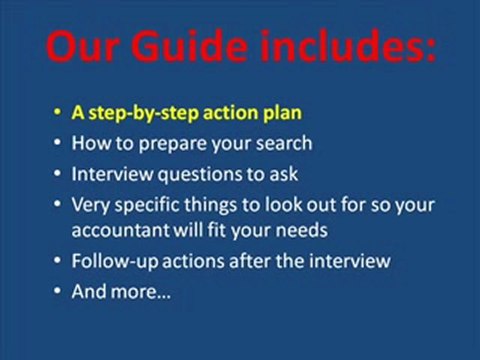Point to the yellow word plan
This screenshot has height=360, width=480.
[x=281, y=113]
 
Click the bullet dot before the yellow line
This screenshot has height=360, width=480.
[x=58, y=114]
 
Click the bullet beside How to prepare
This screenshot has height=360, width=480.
[x=58, y=143]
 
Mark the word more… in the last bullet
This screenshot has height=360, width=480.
[x=139, y=293]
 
